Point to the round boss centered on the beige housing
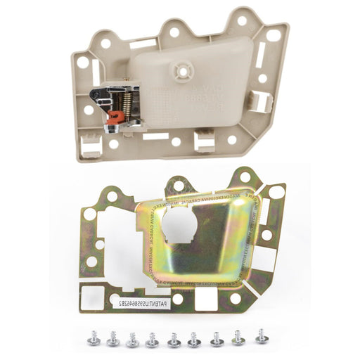181,70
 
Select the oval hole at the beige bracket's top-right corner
271,35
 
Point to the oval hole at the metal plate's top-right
275,193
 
